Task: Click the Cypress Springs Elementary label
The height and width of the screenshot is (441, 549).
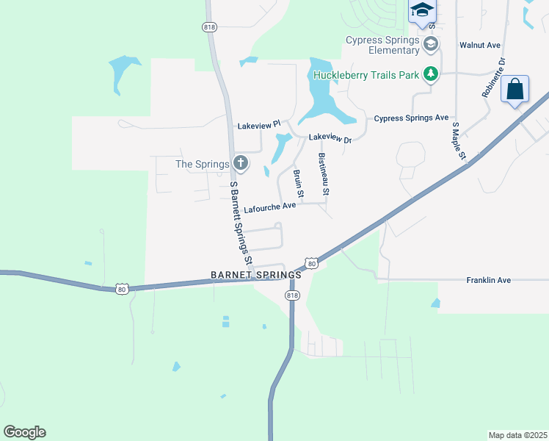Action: [383, 45]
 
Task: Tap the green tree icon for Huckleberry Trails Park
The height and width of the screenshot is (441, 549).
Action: [431, 73]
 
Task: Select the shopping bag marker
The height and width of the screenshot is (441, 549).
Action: [515, 90]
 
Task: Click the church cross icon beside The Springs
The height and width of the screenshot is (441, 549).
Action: [239, 163]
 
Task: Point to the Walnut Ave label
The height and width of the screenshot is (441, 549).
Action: [479, 45]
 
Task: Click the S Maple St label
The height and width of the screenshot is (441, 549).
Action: [459, 140]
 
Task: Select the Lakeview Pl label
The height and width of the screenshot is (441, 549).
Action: [258, 126]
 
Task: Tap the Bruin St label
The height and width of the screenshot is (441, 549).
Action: [298, 183]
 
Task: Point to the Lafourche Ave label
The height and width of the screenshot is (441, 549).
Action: [269, 207]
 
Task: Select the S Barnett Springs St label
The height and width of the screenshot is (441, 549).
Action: [241, 222]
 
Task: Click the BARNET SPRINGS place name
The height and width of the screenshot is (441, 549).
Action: [255, 274]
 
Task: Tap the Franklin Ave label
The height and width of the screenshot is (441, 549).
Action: [488, 280]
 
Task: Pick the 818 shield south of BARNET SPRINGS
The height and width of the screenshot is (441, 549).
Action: [292, 295]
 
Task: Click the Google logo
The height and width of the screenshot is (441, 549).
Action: [24, 432]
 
